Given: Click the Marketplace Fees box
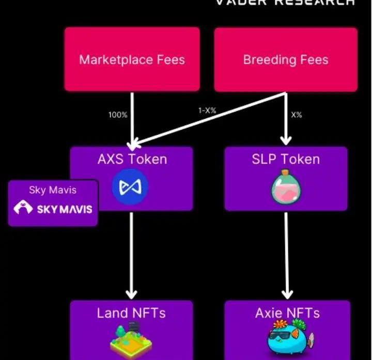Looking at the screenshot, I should (132, 59).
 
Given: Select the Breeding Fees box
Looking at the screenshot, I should (285, 59).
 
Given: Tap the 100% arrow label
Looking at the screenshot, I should (118, 115).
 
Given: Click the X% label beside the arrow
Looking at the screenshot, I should (296, 115).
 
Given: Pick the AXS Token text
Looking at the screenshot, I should (132, 159).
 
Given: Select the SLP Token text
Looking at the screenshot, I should (285, 159).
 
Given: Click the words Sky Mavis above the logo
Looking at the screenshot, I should (53, 190).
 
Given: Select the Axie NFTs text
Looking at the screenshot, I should (287, 313).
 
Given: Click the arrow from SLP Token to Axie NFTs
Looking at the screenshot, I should (286, 253).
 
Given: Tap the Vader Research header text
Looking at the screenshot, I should (285, 2).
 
